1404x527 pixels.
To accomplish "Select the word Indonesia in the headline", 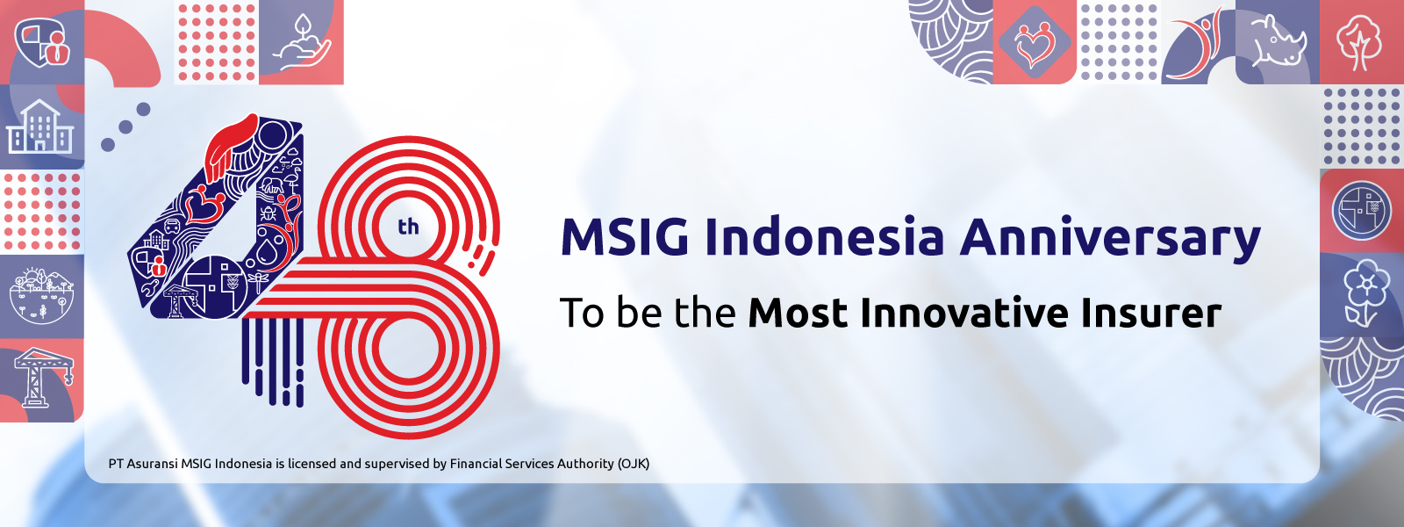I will (824, 237).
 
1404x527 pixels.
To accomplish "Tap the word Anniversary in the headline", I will (1110, 239).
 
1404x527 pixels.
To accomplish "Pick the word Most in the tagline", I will (798, 313).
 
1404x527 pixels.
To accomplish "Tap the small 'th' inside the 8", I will (408, 227).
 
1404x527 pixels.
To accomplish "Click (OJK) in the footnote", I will (633, 464).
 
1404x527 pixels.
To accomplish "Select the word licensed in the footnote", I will (312, 464).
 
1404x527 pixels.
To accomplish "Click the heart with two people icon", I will (1035, 42).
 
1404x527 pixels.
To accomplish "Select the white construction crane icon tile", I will (41, 378).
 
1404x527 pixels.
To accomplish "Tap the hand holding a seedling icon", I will (301, 42).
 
